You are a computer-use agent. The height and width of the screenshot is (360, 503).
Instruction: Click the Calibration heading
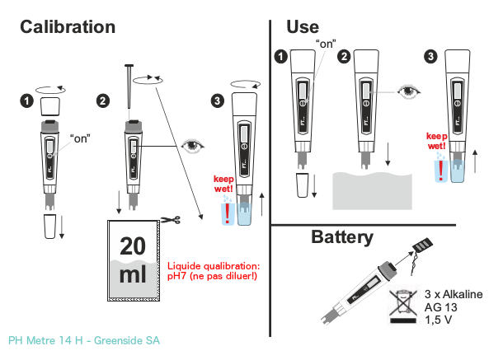tap(68, 26)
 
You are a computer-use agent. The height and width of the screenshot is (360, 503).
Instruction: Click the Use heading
tap(302, 26)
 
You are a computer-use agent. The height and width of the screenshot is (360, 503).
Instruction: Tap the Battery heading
tap(341, 238)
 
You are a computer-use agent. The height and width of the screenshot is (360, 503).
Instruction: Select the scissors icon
tap(170, 220)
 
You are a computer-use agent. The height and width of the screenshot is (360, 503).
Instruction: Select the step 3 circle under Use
tap(430, 58)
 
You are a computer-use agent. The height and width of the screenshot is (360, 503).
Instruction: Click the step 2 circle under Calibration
tap(103, 101)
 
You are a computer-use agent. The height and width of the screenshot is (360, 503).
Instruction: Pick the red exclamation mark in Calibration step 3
tap(228, 213)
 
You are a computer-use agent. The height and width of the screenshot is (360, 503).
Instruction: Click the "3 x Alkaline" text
tap(453, 294)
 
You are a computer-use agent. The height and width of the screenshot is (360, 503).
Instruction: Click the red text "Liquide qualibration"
tap(214, 265)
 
